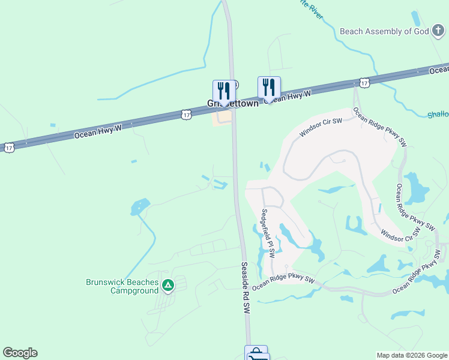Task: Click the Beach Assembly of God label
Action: pos(384,31)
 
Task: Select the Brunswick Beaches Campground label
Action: pos(122,286)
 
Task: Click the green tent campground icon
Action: pos(169,285)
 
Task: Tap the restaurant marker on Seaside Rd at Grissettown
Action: pos(224,90)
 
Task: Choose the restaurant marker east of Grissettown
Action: pos(269,87)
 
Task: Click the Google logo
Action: pos(20,353)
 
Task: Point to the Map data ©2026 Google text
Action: pos(411,355)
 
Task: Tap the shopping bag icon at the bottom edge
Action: pos(256,353)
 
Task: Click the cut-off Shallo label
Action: pos(438,115)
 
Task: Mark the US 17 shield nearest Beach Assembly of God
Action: pos(364,82)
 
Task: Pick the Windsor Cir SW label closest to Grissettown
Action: pos(321,128)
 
